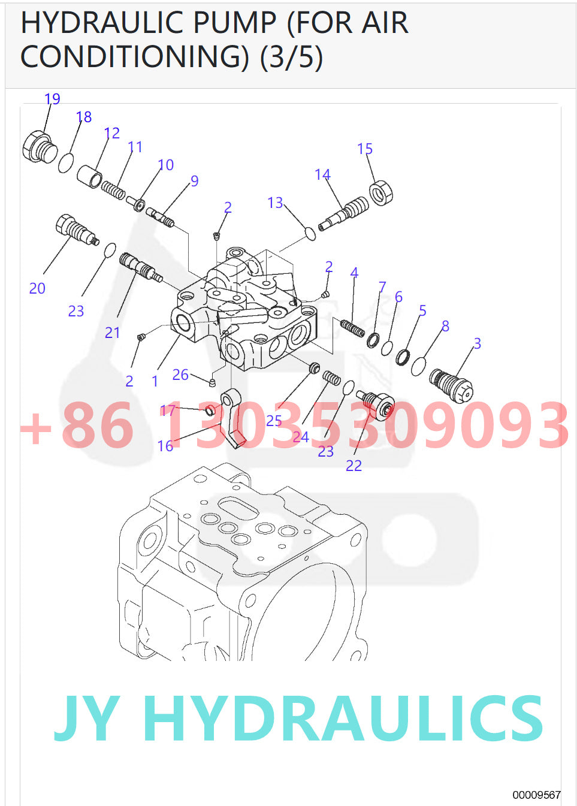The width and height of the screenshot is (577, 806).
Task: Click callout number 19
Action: [x=53, y=99]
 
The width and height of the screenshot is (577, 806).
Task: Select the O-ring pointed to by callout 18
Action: [x=66, y=162]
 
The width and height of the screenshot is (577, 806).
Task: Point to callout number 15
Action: [x=365, y=149]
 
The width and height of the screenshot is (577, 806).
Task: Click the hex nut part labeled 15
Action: [x=380, y=193]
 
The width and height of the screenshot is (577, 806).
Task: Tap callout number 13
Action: [x=275, y=203]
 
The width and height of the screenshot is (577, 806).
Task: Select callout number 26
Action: [x=180, y=375]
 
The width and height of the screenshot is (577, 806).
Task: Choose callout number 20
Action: [x=37, y=289]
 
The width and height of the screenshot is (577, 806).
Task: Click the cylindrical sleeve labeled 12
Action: [x=89, y=176]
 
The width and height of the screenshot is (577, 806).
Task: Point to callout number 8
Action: [x=445, y=326]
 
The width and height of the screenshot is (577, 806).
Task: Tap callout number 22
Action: [x=354, y=466]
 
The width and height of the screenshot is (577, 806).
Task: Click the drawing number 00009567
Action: [x=536, y=795]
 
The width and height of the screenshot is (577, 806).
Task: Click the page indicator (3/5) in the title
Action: [x=292, y=57]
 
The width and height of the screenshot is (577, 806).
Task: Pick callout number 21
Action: [x=113, y=333]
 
